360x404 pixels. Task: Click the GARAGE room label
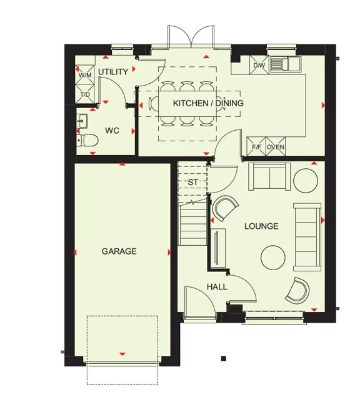click(x=119, y=251)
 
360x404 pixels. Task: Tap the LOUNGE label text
click(x=261, y=226)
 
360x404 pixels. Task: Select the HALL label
click(x=217, y=287)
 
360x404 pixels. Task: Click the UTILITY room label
click(x=113, y=72)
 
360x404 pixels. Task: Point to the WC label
click(x=112, y=131)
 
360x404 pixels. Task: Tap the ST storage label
click(x=192, y=182)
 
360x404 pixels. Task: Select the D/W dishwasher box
click(x=259, y=65)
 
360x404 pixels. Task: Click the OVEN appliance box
click(x=276, y=147)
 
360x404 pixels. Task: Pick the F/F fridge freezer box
click(x=256, y=147)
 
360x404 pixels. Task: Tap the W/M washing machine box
click(x=85, y=76)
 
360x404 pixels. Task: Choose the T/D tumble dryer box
click(x=85, y=94)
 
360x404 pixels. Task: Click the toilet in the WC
click(x=86, y=139)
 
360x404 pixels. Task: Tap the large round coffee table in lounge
click(x=272, y=256)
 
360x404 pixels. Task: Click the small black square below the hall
click(x=222, y=358)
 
